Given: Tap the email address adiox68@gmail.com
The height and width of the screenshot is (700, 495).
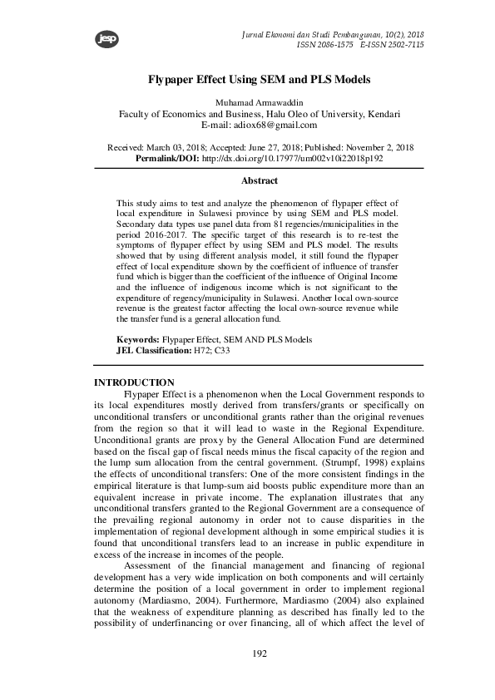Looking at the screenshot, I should [x=270, y=125].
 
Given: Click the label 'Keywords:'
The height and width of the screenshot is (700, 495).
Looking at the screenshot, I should [x=137, y=340].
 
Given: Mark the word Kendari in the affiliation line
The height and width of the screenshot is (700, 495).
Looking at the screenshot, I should [x=380, y=114].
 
